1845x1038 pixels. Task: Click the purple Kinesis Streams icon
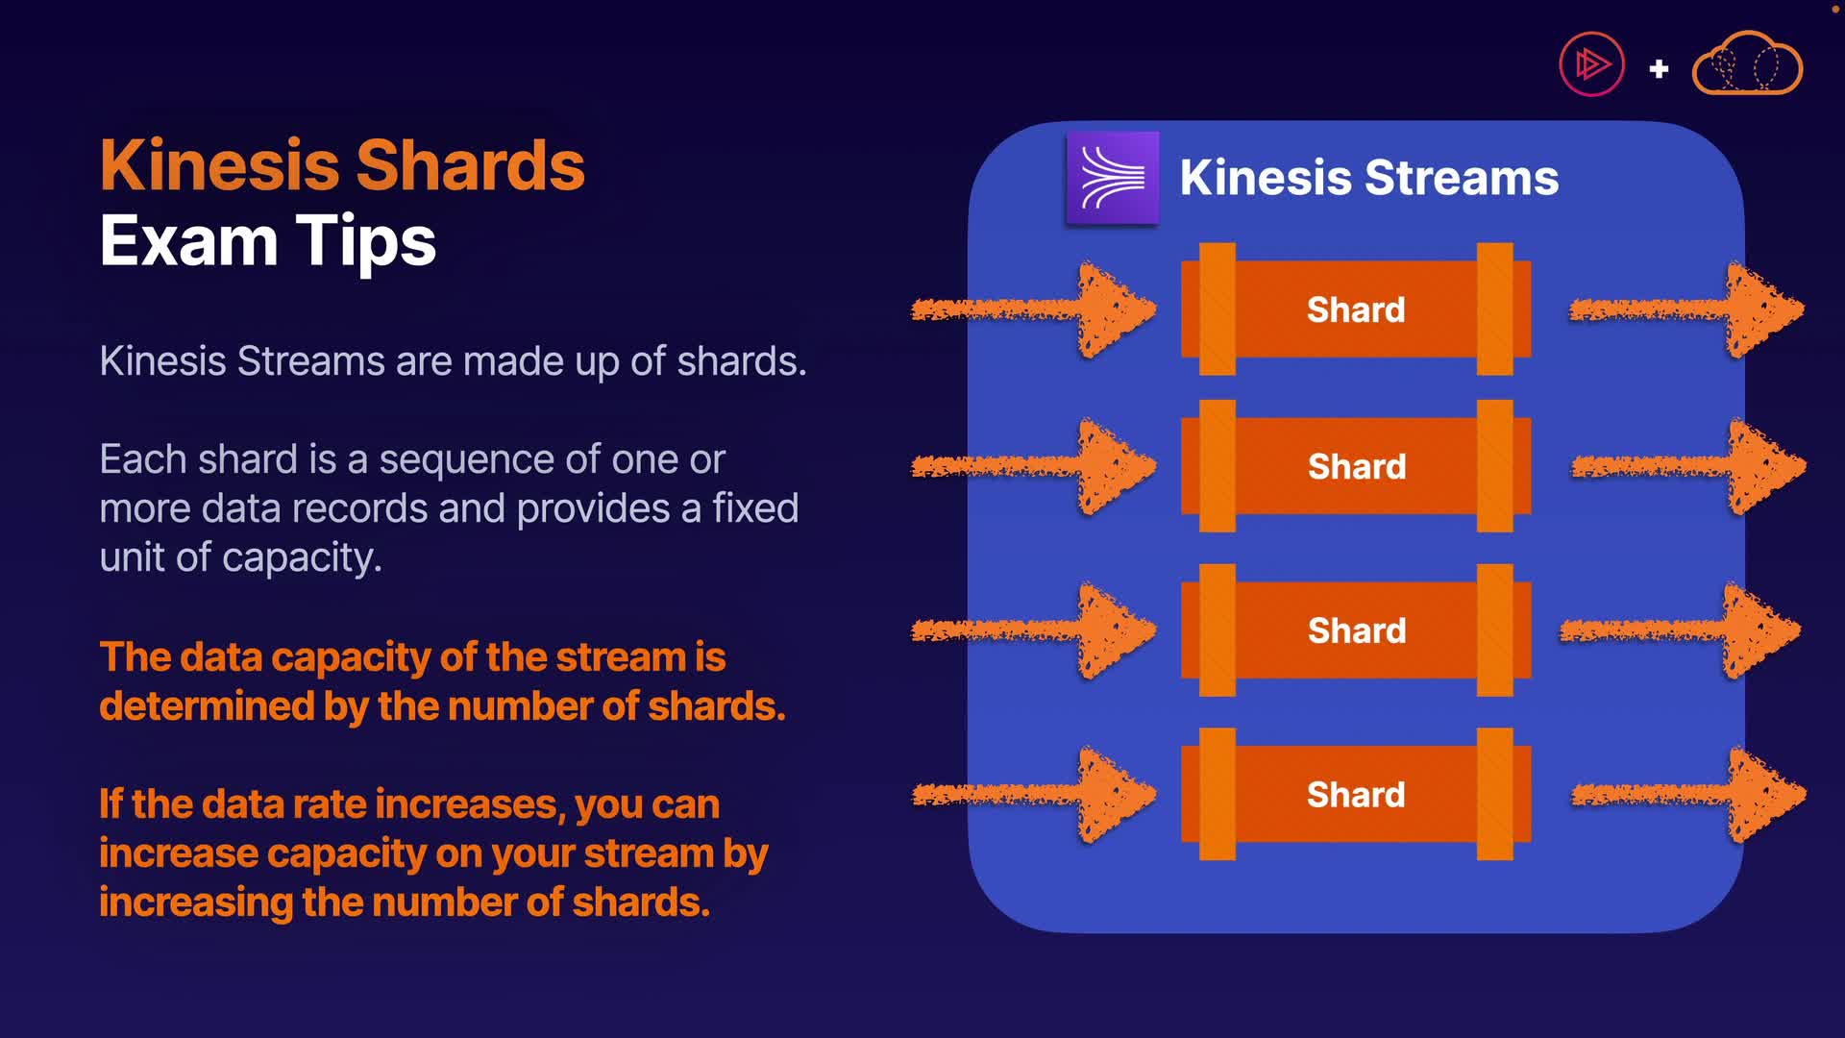click(1113, 178)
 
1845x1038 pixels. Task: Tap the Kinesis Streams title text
click(1369, 178)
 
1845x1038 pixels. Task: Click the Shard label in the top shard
click(1356, 309)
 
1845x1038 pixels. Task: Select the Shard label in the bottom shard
click(1356, 795)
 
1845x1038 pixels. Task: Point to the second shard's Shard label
click(1357, 466)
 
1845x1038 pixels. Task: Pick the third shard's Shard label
click(1357, 630)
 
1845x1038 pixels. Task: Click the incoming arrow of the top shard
click(1034, 309)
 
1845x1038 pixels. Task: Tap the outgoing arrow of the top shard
click(1686, 309)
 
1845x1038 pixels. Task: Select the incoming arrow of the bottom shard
click(1034, 795)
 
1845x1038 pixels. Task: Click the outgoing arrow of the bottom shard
click(1688, 795)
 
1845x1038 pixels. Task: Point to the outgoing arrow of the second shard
click(1688, 466)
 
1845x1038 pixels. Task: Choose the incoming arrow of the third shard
click(1034, 630)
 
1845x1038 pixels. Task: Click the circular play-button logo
click(1591, 64)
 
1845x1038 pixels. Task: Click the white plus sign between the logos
click(1659, 69)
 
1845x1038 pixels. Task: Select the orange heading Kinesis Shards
click(342, 165)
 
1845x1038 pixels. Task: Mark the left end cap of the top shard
click(1218, 309)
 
